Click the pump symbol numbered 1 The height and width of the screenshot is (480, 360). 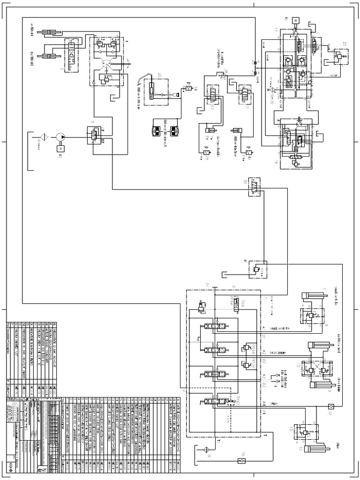click(x=60, y=136)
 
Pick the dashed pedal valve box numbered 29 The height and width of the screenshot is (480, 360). click(x=153, y=89)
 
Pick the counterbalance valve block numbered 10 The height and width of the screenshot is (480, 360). click(x=312, y=367)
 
